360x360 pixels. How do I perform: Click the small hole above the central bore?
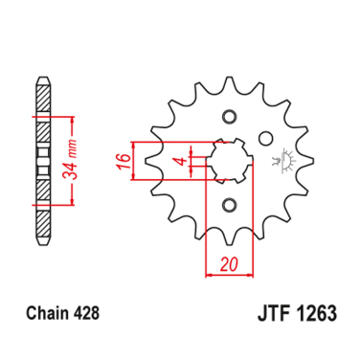[229, 117]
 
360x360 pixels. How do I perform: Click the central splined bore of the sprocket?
[229, 160]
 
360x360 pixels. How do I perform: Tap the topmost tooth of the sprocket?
[229, 87]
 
